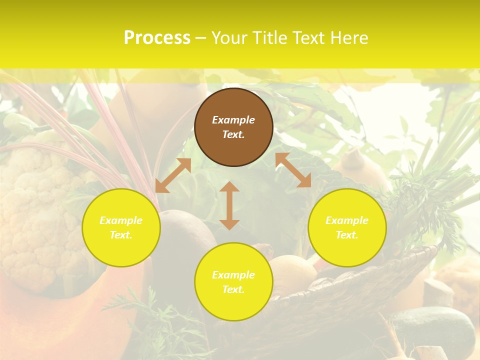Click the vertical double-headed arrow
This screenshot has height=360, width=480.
pos(229,205)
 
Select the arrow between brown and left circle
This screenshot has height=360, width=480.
pos(173,175)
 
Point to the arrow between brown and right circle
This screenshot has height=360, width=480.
pos(293,170)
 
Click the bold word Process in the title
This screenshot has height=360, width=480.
pos(157,37)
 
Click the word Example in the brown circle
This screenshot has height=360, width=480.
pos(233,120)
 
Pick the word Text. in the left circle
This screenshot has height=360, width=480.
pos(121,235)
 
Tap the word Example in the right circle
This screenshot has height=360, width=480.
pos(347,220)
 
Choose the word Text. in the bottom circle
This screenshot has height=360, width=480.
pos(233,289)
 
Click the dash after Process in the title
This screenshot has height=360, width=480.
pos(201,37)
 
